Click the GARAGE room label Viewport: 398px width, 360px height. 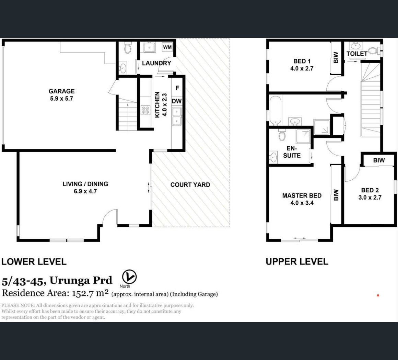coord(62,91)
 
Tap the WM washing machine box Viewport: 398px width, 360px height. coord(167,47)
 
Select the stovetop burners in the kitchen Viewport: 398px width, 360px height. coord(146,110)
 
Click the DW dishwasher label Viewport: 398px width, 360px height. coord(177,101)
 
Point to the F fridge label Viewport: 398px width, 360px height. coord(177,88)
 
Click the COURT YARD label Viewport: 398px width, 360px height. coord(190,185)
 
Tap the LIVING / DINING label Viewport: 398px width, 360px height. coord(85,184)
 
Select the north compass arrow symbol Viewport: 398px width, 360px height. coord(129,277)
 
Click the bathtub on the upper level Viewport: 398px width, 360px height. coord(276,111)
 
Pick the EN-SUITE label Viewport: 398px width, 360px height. coord(292,152)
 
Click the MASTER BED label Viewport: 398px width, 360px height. coord(302,195)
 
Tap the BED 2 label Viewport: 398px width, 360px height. coord(370,190)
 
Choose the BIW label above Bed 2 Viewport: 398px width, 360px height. coord(379,160)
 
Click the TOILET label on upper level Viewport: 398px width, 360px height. coord(357,54)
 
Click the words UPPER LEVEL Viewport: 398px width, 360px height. coord(297,262)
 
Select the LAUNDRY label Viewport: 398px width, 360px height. coord(156,63)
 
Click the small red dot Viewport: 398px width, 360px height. coord(378,295)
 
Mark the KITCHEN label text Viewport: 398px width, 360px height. coord(157,105)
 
